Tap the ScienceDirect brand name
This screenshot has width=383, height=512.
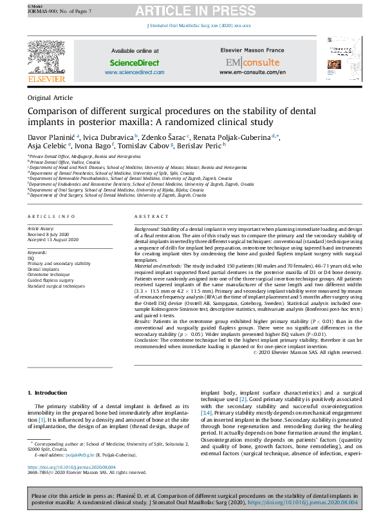(135, 63)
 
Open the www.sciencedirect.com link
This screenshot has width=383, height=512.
(135, 72)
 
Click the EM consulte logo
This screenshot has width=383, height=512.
(252, 62)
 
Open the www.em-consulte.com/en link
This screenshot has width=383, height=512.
(252, 72)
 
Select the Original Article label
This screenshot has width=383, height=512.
(50, 97)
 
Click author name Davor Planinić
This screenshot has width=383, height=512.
(51, 137)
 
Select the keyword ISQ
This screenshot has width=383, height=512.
(31, 258)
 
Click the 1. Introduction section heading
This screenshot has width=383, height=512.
(49, 393)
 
